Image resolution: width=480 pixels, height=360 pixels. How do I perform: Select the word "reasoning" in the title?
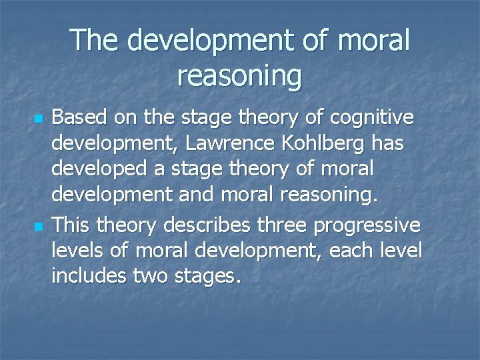coord(239,76)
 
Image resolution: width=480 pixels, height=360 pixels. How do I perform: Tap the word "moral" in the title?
coord(373,40)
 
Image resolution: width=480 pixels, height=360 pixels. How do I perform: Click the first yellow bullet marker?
coord(38,119)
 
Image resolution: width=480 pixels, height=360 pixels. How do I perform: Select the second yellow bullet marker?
coord(38,227)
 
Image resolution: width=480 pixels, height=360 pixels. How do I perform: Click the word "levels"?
coord(74,251)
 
